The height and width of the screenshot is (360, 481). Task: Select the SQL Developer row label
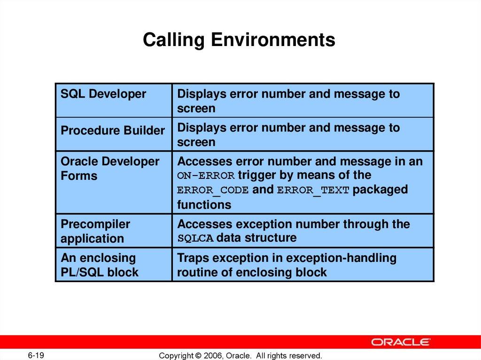coord(103,94)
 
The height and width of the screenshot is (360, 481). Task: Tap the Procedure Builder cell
coord(113,130)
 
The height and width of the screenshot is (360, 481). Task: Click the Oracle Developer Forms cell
coord(110,169)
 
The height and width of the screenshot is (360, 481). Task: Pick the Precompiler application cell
coord(95,231)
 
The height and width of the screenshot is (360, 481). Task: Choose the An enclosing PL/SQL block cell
coord(100,265)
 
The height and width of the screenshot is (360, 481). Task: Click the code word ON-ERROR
coord(206,176)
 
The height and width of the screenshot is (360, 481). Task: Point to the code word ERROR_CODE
coord(213,191)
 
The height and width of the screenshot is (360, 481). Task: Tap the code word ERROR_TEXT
coord(313,191)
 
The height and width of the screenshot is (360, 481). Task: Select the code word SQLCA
coord(195,238)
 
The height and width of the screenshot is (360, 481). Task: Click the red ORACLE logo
coord(401,342)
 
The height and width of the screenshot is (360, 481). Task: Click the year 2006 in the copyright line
coord(214,356)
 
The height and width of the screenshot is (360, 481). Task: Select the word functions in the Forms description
coord(204,205)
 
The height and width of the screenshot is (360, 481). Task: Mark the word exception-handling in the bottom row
coord(341,258)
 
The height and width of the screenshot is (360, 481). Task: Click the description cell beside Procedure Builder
coord(303,134)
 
